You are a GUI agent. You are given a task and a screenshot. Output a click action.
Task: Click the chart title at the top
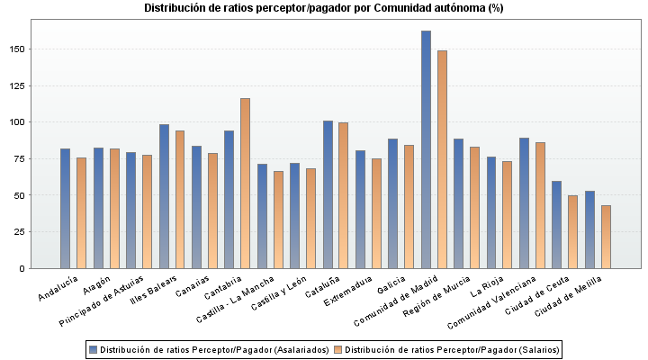(x=324, y=8)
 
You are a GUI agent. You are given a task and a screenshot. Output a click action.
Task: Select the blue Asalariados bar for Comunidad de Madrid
(x=426, y=149)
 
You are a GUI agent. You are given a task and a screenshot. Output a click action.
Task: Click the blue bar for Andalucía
(x=65, y=208)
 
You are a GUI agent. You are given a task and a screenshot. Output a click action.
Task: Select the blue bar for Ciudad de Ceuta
(x=556, y=224)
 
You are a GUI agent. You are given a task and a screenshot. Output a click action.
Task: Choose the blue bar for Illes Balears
(x=164, y=196)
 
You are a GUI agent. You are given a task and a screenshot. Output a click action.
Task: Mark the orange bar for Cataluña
(x=343, y=195)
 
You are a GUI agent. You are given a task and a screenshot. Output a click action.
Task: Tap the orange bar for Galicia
(x=409, y=206)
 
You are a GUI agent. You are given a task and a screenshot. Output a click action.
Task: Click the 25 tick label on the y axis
(x=21, y=231)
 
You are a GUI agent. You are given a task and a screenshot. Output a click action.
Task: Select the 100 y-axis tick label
(x=18, y=121)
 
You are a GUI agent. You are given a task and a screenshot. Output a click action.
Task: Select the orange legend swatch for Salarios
(x=338, y=349)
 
